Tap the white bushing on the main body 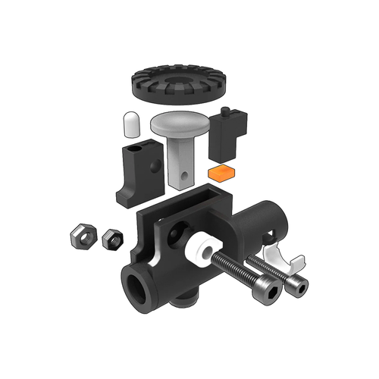(x=202, y=252)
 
